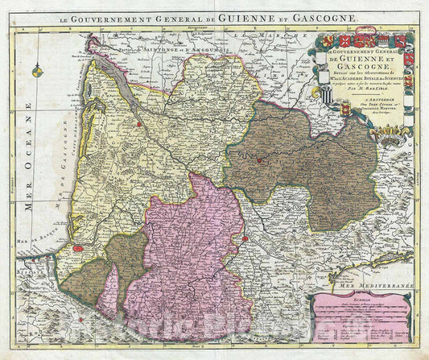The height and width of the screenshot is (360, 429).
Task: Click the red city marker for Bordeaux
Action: [x=139, y=125]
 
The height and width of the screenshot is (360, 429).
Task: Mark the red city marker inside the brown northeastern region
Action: [x=258, y=159]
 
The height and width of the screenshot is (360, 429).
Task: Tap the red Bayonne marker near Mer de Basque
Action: [x=78, y=249]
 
